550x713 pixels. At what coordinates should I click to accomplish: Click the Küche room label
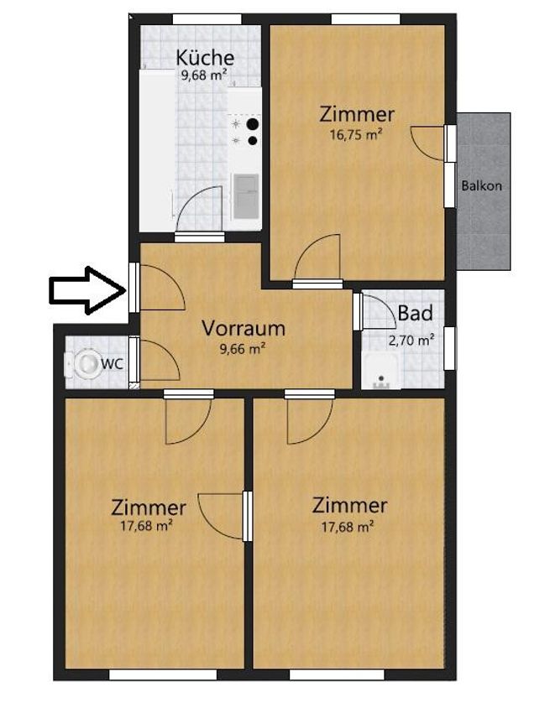(205, 57)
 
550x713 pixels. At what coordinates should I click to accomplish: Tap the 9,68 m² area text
(204, 75)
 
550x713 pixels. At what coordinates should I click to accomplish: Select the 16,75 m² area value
(355, 135)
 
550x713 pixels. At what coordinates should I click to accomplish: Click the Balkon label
(482, 185)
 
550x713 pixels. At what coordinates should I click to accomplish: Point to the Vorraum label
(244, 328)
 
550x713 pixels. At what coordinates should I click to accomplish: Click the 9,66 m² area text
(243, 349)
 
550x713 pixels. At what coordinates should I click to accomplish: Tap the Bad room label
(415, 314)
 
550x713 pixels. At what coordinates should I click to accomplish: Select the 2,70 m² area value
(411, 340)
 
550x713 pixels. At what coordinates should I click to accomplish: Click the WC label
(112, 363)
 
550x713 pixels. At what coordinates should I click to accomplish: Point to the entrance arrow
(87, 290)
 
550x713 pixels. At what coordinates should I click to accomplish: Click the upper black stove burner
(252, 123)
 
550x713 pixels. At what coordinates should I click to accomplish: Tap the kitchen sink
(245, 196)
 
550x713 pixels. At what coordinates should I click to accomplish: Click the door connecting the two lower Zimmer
(248, 516)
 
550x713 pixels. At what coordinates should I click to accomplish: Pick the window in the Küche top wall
(207, 19)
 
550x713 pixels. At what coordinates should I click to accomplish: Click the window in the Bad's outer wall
(449, 348)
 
